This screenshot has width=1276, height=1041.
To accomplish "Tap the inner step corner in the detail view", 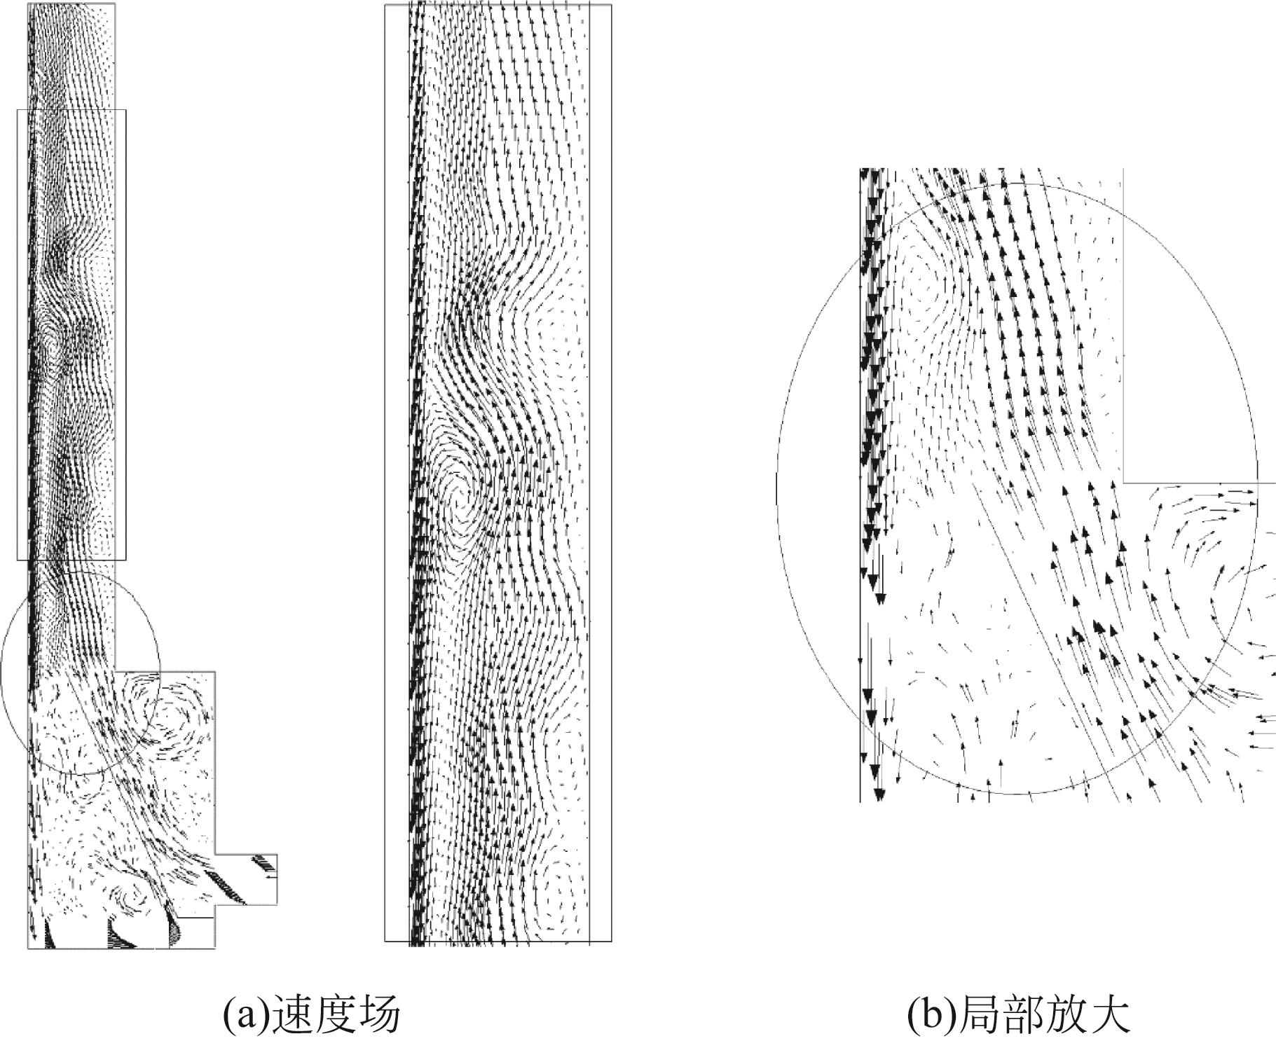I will point(1124,482).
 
